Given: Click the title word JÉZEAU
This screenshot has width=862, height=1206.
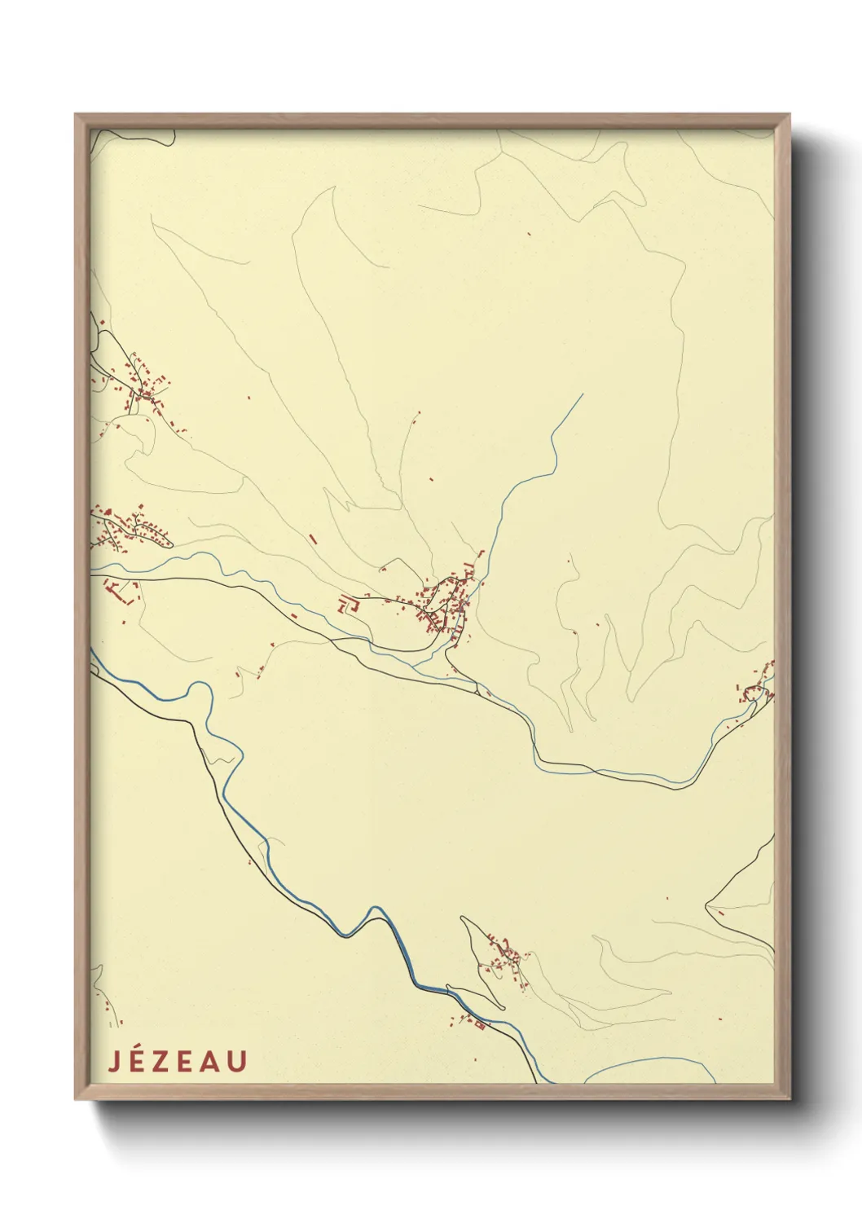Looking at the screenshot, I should coord(177,1061).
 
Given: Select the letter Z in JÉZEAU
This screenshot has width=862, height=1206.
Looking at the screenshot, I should coord(165,1061).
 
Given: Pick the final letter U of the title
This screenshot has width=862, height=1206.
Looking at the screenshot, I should coord(237,1061).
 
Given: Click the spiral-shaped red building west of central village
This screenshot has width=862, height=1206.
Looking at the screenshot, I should coord(350,604).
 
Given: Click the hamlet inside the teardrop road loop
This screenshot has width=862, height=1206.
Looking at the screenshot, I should coord(505,957).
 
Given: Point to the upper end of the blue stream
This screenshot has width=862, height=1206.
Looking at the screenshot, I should coord(583,395).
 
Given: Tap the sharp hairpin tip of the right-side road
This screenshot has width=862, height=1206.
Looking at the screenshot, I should coord(706,904).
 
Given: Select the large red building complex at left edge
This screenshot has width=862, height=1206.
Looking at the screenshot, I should coord(122,590).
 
